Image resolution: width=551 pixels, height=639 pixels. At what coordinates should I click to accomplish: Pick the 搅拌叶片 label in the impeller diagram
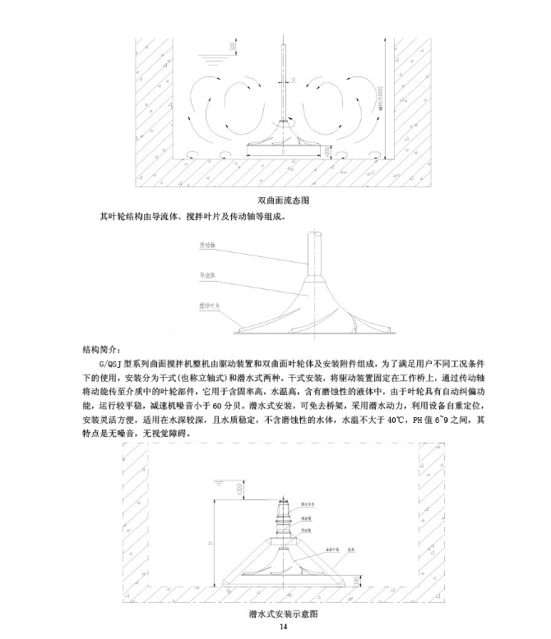210,305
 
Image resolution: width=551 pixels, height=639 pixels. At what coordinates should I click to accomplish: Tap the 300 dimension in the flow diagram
329,152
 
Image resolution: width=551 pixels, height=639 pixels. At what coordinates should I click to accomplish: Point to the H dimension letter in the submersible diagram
212,541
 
